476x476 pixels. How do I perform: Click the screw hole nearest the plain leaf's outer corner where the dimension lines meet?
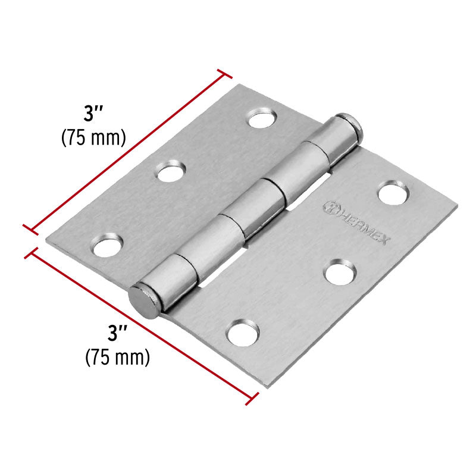click(x=108, y=245)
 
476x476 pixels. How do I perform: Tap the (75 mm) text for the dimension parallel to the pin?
click(x=93, y=137)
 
